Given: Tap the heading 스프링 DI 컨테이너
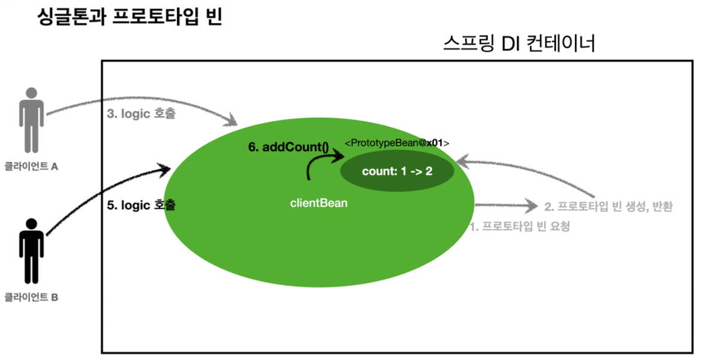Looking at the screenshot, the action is point(519,44).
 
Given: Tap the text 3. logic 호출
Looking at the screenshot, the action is point(142,113).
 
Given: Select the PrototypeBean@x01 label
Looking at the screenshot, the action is point(397,143).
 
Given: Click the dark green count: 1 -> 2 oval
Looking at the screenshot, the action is point(397,172).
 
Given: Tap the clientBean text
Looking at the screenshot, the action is point(318,203).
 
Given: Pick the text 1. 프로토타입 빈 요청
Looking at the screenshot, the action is point(519,227).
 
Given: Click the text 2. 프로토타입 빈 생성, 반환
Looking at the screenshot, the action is point(609,207).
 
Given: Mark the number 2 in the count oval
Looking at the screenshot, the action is point(429,172).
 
